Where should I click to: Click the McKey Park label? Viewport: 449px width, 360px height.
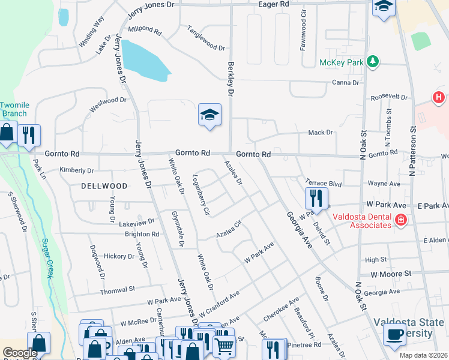[342, 62]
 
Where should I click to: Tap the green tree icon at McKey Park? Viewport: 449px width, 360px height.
[373, 62]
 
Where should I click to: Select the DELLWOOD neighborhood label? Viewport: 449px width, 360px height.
[104, 186]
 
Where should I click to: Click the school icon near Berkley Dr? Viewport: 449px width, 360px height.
[210, 115]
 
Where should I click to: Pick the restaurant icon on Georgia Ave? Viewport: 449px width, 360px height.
[316, 197]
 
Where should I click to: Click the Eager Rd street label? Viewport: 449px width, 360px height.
[273, 4]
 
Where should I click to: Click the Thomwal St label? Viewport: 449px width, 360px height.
[118, 289]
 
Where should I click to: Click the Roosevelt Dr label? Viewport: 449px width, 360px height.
[389, 97]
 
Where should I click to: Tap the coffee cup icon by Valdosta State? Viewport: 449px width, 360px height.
[394, 334]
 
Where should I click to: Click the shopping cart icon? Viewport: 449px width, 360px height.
[224, 344]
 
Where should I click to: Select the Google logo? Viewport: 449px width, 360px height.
[20, 353]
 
